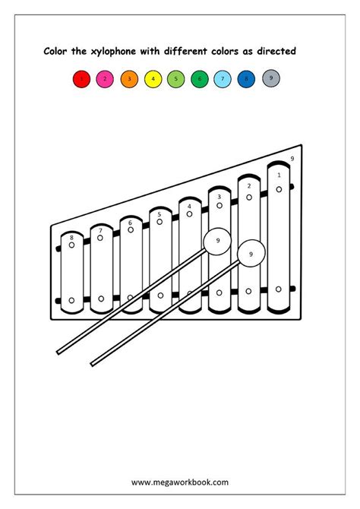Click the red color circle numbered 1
81,78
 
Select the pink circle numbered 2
105,78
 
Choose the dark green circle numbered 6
200,78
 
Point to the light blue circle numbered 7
223,78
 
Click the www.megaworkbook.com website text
179,482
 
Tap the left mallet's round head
217,241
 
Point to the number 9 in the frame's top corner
292,159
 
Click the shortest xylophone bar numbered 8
72,273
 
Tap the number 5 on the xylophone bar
159,214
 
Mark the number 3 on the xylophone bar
219,197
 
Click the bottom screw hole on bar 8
71,300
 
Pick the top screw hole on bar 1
279,189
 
